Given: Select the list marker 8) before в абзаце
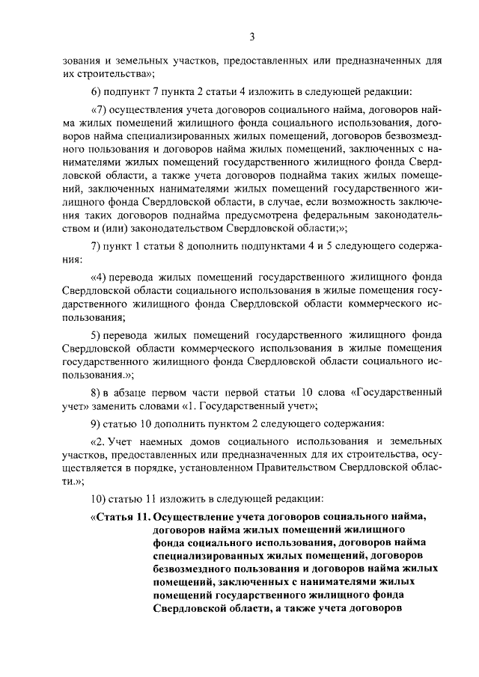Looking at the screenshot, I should coord(95,390).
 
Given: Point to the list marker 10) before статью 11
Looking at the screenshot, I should coord(98,497).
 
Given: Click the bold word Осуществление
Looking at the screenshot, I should coord(194,517).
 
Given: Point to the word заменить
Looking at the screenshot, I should coord(129,405).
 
